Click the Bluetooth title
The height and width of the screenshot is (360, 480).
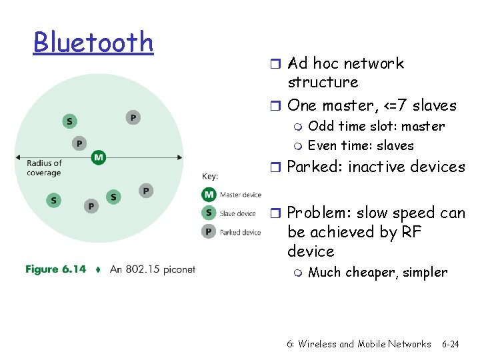coord(93,42)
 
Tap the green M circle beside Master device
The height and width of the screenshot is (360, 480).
coord(209,195)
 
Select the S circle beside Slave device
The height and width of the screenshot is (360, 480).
coord(209,213)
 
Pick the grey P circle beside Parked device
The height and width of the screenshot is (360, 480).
coord(209,232)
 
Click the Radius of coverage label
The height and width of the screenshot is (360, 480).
coord(44,168)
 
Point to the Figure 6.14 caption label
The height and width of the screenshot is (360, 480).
coord(56,269)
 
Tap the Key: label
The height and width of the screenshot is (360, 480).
coord(210,177)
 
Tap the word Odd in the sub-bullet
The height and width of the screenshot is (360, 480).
coord(321,126)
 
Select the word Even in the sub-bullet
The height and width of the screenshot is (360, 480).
coord(323,145)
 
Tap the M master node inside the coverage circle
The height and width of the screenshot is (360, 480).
coord(99,157)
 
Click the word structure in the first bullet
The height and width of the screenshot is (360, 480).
coord(323,82)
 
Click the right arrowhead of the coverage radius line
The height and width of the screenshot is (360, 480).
coord(180,157)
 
